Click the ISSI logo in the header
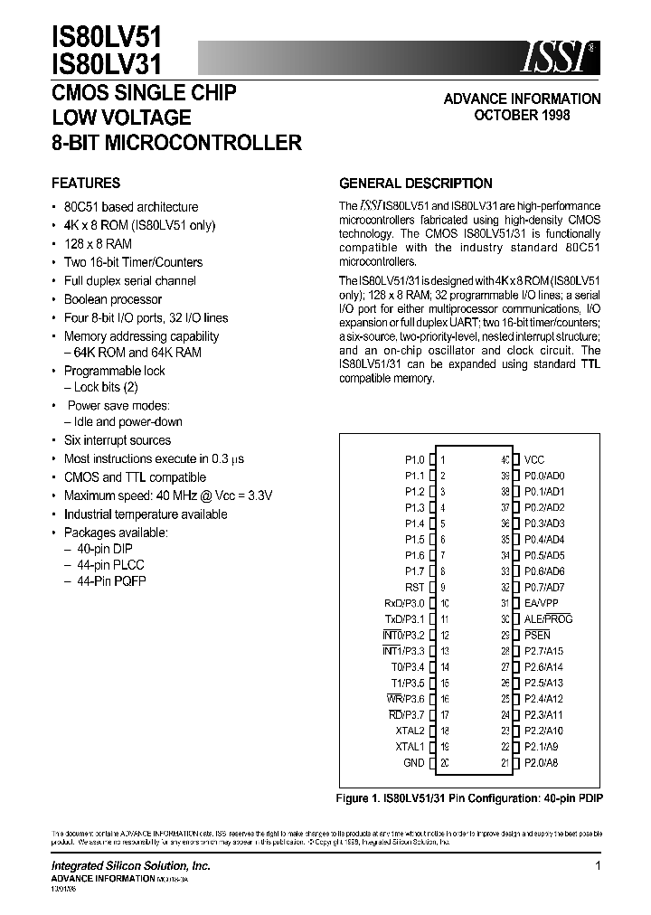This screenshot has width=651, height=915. [x=557, y=57]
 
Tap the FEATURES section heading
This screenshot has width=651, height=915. [x=86, y=183]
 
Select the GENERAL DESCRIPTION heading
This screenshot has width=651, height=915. [x=415, y=183]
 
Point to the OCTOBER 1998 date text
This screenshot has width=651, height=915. [x=522, y=116]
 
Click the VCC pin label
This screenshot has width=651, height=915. [x=534, y=459]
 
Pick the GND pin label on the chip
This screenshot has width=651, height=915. [x=413, y=763]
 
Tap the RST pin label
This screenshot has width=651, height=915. [x=414, y=587]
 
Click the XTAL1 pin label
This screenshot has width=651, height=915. [x=410, y=747]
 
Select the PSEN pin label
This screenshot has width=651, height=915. [x=537, y=635]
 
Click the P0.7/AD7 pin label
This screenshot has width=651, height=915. [x=544, y=587]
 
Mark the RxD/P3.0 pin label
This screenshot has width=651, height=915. [x=403, y=603]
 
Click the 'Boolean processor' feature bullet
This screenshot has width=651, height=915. [x=113, y=299]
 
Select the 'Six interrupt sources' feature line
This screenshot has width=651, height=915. [x=118, y=440]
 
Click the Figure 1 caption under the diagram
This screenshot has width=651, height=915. [x=469, y=798]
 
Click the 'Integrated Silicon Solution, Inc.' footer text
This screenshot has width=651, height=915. [x=130, y=866]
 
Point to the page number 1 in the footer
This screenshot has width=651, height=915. [x=598, y=866]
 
